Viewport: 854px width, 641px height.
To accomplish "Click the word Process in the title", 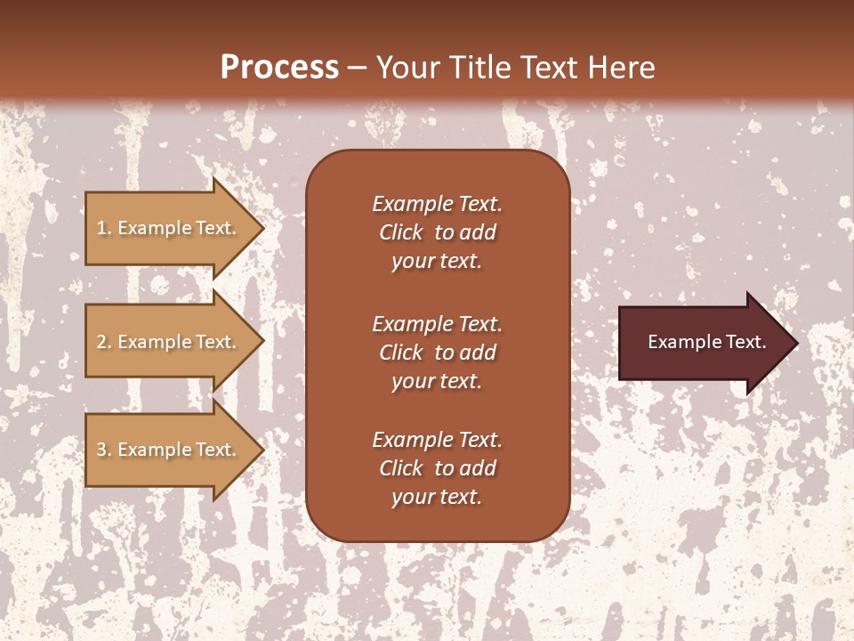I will (279, 68).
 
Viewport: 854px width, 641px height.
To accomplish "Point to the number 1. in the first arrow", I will (104, 229).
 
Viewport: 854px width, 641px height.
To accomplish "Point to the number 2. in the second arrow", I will (104, 343).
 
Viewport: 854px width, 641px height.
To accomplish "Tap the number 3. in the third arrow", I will (104, 450).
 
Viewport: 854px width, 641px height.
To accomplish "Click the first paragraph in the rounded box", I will (437, 232).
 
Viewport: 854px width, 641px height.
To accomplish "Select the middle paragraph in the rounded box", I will (437, 353).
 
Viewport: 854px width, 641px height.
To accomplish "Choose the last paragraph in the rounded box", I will (437, 468).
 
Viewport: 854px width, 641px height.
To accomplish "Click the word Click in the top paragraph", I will (401, 232).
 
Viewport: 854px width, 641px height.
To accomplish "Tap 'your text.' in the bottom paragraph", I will (437, 497).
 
